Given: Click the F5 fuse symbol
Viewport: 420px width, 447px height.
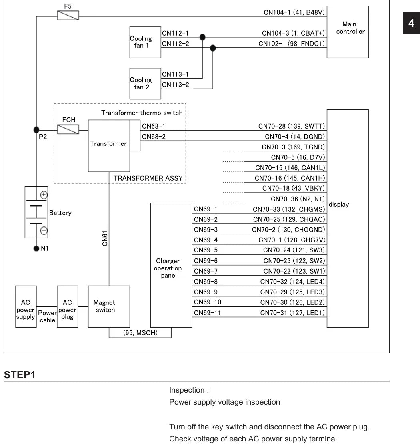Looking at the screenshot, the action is tap(68, 16).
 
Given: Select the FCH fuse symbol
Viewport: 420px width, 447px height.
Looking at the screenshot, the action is tap(68, 130).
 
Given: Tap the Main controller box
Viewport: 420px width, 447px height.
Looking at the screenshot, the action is tap(348, 32).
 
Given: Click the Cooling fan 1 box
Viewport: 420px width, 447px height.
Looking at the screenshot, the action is tap(145, 42).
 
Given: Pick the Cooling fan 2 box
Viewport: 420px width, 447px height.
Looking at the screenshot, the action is tap(145, 83).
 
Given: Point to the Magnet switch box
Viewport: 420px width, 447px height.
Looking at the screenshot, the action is tap(109, 306).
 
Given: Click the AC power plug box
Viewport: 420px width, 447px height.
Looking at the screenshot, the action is tap(67, 306).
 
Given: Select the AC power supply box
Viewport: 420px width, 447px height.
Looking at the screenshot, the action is tap(26, 306).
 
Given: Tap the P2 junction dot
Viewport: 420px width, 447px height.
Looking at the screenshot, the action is tap(36, 130).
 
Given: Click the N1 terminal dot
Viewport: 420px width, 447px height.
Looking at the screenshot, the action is tap(36, 248).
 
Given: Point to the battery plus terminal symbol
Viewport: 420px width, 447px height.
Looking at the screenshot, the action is tap(44, 195).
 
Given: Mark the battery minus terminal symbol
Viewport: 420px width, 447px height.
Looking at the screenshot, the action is tap(44, 230).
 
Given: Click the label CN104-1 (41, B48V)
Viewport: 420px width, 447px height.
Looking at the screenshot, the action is tap(294, 12).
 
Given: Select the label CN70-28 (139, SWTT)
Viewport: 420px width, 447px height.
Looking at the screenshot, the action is tap(292, 126).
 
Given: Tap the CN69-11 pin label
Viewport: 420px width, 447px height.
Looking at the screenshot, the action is tap(207, 313).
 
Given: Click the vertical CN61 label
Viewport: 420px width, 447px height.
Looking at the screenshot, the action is tap(105, 238).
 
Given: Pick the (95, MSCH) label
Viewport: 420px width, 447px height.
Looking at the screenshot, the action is tap(140, 333).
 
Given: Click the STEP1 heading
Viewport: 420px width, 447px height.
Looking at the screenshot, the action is tap(20, 375).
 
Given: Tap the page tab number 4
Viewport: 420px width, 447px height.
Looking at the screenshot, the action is tap(411, 23).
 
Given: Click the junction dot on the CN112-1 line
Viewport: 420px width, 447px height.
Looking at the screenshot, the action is tap(202, 37).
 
